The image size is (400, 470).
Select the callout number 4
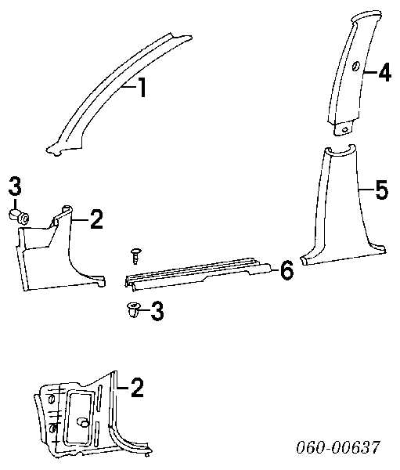(x=384, y=72)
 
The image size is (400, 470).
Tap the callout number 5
(x=382, y=190)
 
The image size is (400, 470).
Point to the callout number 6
(x=286, y=269)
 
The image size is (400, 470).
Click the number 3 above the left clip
(x=15, y=186)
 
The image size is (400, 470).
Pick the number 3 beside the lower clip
(x=157, y=311)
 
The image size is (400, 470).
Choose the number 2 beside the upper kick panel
(x=96, y=219)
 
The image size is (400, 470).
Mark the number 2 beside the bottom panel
(x=137, y=388)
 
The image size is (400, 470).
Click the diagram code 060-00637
(x=338, y=447)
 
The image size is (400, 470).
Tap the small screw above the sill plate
(x=136, y=255)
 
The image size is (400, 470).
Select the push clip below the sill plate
(x=133, y=309)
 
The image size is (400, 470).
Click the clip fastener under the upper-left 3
(x=19, y=216)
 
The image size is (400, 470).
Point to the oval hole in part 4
(x=356, y=66)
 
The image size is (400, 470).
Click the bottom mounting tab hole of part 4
(x=345, y=130)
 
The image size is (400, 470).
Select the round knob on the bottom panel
(x=83, y=423)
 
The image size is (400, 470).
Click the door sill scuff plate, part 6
(x=198, y=273)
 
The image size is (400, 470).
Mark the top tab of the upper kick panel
(x=67, y=208)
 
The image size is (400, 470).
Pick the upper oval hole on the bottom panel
(x=51, y=399)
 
